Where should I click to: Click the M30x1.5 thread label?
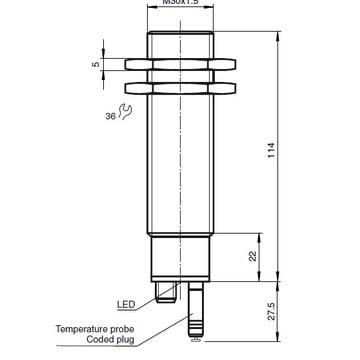(181, 4)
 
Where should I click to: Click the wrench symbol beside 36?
(124, 114)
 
